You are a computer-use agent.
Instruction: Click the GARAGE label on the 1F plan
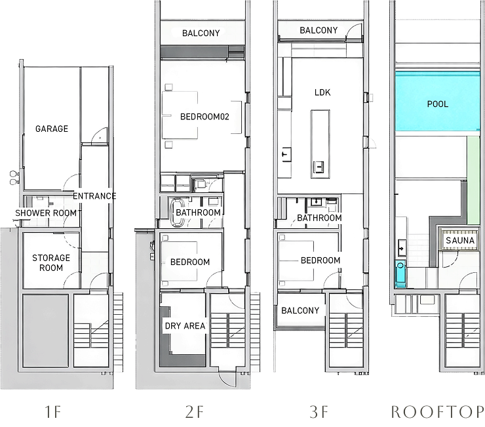[52, 129]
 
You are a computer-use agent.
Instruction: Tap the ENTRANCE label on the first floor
[94, 196]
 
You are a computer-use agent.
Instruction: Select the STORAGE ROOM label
[51, 262]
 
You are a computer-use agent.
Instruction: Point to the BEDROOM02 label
[203, 117]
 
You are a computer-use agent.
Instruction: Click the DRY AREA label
[185, 325]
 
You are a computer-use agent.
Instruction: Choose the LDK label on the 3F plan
[322, 92]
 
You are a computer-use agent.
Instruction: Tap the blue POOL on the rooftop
[437, 104]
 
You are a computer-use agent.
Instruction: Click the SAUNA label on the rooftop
[460, 241]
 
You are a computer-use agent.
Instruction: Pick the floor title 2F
[195, 412]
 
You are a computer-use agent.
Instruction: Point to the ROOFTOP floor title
[437, 412]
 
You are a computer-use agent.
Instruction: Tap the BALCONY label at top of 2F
[201, 33]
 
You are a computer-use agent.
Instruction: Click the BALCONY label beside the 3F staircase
[301, 311]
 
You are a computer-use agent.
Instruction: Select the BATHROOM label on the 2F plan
[199, 213]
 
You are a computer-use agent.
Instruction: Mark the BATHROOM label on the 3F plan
[320, 218]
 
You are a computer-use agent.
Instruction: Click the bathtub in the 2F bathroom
[177, 212]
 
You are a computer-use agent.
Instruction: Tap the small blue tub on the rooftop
[400, 275]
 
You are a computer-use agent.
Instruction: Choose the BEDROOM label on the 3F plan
[320, 260]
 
